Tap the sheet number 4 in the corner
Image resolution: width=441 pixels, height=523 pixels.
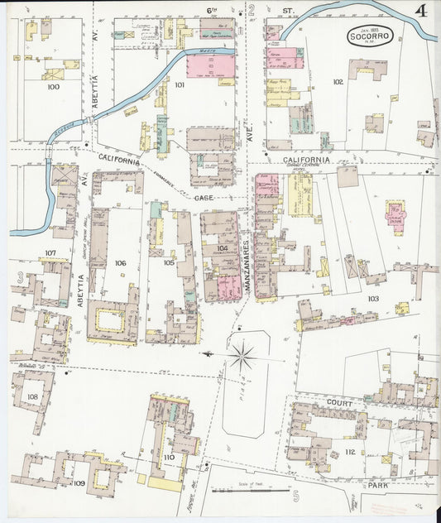[x=422, y=12]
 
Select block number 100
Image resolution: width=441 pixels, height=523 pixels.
[x=54, y=86]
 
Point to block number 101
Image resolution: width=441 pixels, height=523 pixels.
[x=180, y=85]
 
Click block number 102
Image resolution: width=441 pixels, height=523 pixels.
[x=337, y=82]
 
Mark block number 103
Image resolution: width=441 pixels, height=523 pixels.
[x=373, y=297]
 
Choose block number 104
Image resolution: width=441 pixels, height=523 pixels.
[x=221, y=248]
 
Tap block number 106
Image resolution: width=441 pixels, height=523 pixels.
[x=121, y=263]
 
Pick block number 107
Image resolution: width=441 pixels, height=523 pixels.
[x=50, y=253]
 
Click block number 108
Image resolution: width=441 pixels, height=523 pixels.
[x=32, y=396]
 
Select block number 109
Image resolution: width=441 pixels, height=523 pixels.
[x=79, y=482]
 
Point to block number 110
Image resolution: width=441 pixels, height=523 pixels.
[x=170, y=457]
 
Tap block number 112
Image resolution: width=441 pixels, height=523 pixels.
[x=349, y=453]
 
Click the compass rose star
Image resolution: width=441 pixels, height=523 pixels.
[x=242, y=357]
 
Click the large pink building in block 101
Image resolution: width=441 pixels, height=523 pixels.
[x=210, y=66]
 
